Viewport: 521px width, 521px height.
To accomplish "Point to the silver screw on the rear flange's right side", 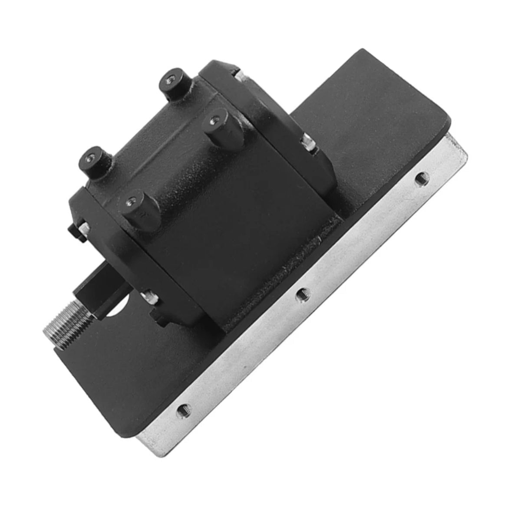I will [x=308, y=143].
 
